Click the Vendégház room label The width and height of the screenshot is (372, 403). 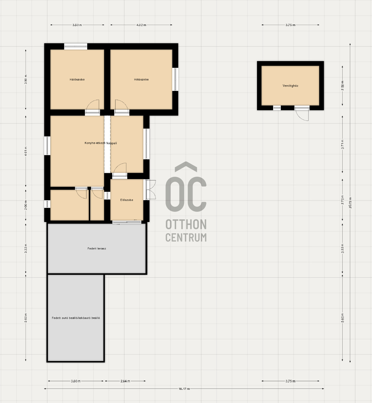click(290, 86)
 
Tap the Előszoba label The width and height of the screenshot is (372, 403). click(127, 200)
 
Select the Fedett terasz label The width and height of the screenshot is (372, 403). click(97, 248)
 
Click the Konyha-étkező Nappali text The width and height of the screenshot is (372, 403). click(101, 143)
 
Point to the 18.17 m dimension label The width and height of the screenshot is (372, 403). click(184, 389)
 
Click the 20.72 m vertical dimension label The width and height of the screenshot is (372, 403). click(350, 202)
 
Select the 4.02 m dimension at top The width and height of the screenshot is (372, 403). click(141, 25)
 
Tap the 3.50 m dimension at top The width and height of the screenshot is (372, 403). click(77, 25)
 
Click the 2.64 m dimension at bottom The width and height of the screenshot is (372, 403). click(125, 381)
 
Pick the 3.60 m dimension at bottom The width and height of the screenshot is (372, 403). click(76, 381)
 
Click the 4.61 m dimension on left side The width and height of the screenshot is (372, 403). click(26, 152)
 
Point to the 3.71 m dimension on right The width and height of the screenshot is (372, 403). click(343, 144)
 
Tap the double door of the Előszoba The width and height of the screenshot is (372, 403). click(151, 190)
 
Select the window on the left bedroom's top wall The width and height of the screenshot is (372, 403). click(76, 47)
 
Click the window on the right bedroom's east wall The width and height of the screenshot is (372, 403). click(175, 79)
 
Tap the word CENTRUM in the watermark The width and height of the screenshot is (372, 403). click(186, 237)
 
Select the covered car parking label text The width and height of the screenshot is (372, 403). click(76, 318)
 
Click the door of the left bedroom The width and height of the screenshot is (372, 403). click(92, 107)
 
